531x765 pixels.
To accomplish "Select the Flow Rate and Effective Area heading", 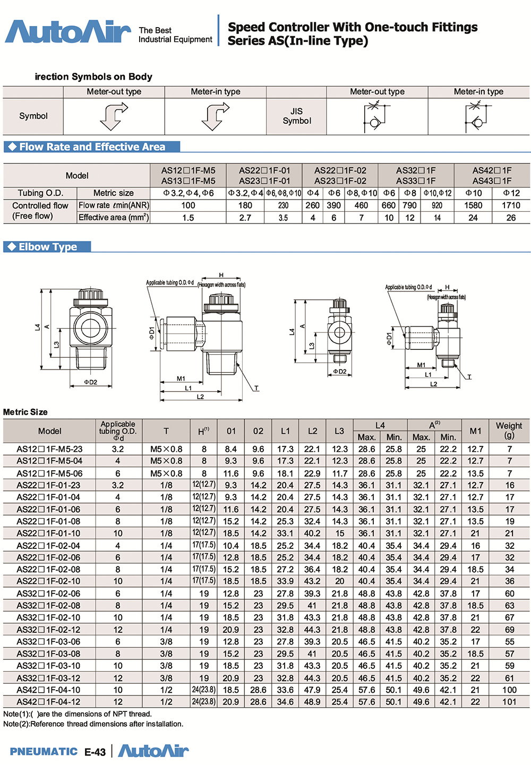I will [x=92, y=147].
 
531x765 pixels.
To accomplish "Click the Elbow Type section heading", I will [x=48, y=247].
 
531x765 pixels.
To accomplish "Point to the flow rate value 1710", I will [x=511, y=205].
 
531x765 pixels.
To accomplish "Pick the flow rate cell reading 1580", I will [x=473, y=205].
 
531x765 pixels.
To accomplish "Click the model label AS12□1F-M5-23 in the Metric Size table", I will [x=49, y=449].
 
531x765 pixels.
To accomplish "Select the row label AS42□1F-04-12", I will [x=49, y=702].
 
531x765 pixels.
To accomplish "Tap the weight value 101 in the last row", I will [x=509, y=702].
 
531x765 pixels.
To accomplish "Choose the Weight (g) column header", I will [x=509, y=430].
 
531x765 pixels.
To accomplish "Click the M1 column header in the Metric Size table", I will [x=475, y=431].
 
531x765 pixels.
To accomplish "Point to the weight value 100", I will [x=509, y=690].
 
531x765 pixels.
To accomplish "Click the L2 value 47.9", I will [x=312, y=690].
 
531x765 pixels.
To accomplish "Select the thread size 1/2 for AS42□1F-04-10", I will [x=166, y=690].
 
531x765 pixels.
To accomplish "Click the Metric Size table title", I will [x=25, y=412].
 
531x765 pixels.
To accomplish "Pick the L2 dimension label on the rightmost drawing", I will [x=433, y=384].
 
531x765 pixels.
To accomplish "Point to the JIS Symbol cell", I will [x=297, y=116].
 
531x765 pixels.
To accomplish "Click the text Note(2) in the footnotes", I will [x=16, y=724].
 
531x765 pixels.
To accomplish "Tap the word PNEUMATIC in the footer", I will [x=44, y=751].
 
